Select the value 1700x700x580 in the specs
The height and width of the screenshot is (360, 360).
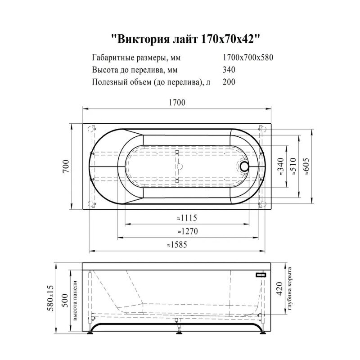[x=248, y=58]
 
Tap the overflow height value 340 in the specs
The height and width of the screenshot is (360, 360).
[x=229, y=70]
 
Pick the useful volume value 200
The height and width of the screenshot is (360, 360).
[x=229, y=82]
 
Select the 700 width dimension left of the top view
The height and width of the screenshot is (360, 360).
[x=65, y=166]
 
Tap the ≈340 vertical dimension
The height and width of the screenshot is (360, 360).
[x=280, y=166]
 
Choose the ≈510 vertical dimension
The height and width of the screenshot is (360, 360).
[x=293, y=166]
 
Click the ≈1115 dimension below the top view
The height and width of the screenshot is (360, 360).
[x=185, y=218]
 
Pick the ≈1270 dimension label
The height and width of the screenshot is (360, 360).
[x=185, y=231]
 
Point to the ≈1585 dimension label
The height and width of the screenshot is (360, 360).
[x=177, y=245]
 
